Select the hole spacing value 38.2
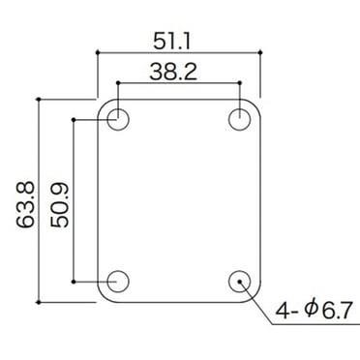[178, 71]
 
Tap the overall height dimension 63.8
[21, 198]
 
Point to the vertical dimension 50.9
[58, 200]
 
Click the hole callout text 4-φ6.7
[313, 312]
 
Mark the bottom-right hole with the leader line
[240, 281]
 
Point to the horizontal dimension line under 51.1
[178, 53]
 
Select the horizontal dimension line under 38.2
[178, 84]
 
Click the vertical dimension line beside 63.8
[38, 198]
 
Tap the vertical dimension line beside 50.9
[74, 200]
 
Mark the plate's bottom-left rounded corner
[102, 296]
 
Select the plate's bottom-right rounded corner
[255, 296]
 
